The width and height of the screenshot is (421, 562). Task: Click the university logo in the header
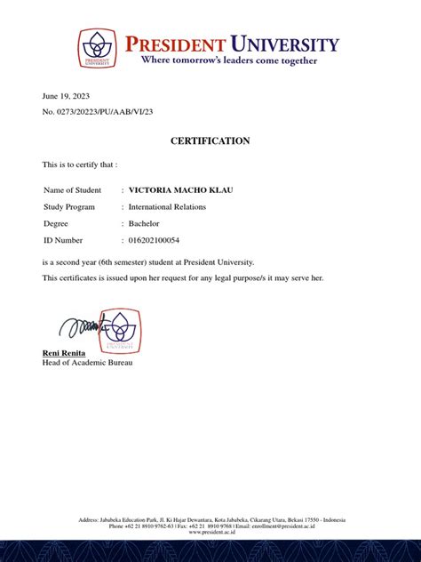96,48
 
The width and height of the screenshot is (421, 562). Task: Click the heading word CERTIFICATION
210,140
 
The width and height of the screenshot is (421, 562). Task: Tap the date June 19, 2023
66,95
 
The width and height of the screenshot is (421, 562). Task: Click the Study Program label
69,206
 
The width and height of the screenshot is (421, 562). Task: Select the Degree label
56,223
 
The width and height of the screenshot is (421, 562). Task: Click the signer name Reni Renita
64,354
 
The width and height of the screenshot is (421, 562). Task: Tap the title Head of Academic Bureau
87,364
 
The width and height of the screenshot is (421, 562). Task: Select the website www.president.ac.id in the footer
210,532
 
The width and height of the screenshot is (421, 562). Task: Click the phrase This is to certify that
80,165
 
